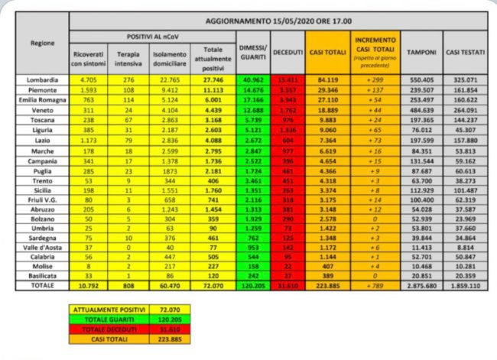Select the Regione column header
(44, 44)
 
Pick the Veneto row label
(44, 109)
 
